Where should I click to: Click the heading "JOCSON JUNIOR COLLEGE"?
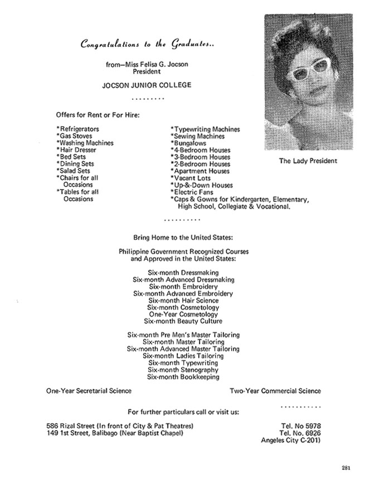tap(147, 85)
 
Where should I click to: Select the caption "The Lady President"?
tap(308, 161)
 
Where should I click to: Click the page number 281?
tap(346, 467)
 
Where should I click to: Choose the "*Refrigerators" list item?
tap(77, 129)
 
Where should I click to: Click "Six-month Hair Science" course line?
tap(183, 300)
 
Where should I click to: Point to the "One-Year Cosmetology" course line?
tap(183, 314)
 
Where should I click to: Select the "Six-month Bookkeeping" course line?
tap(183, 377)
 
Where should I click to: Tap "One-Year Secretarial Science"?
tap(89, 391)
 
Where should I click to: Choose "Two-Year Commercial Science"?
tap(275, 391)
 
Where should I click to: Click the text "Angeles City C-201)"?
tap(291, 441)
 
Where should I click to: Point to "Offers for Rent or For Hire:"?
tap(97, 115)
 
